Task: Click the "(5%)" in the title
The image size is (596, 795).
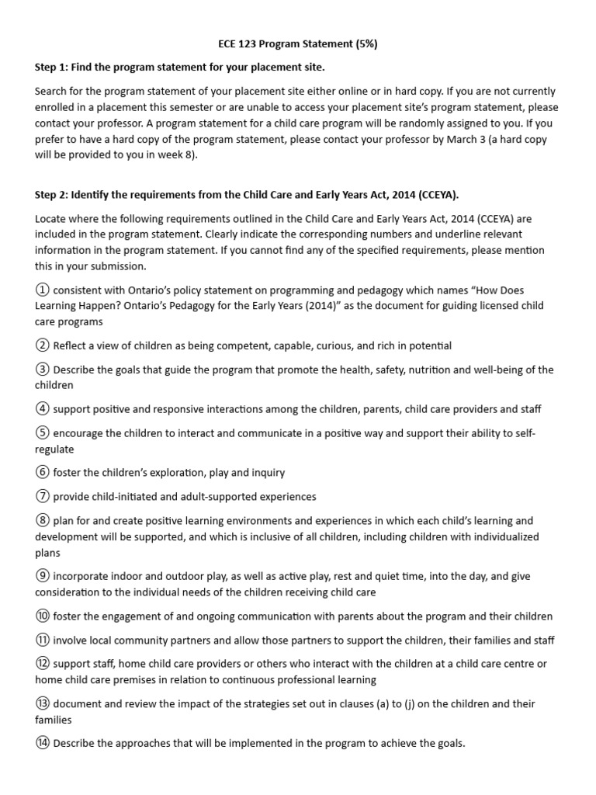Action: pos(365,44)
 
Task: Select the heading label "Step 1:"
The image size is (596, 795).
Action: pos(54,68)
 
